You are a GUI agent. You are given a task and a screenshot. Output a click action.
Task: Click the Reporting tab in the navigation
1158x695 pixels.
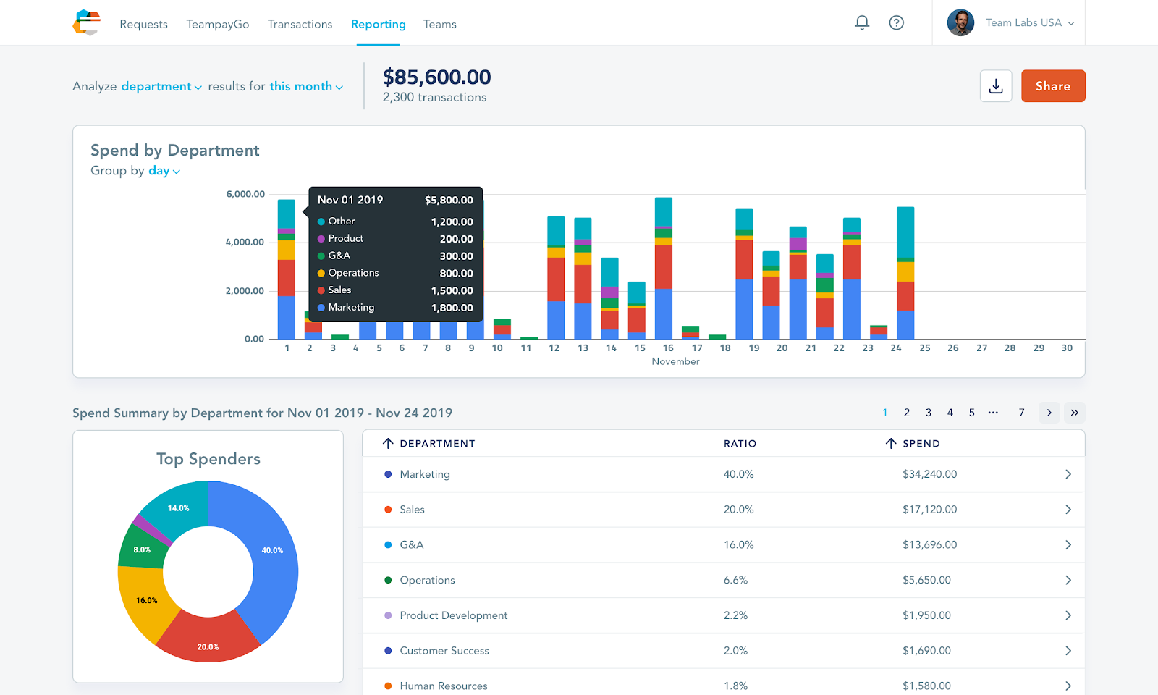pos(378,25)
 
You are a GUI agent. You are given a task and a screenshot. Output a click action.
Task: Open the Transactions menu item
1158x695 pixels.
pos(300,25)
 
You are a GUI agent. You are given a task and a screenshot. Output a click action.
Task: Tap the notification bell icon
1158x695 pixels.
pos(862,22)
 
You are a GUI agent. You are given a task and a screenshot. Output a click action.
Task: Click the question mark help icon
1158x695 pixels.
pos(897,22)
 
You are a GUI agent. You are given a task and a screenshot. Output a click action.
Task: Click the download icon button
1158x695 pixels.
pos(996,86)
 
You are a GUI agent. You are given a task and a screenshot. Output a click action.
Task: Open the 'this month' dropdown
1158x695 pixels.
pos(306,86)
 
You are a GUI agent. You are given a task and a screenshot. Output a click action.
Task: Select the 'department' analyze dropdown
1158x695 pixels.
pos(161,86)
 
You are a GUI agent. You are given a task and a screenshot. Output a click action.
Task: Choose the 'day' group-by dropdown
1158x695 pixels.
pos(164,171)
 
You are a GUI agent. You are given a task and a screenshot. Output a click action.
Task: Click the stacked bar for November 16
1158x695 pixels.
pos(663,268)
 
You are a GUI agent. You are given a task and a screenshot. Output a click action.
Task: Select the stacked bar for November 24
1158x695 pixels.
pos(905,272)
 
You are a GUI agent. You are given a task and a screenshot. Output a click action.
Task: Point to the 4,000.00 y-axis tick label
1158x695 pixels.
pos(245,242)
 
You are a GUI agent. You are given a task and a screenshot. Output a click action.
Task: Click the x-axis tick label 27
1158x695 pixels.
pos(981,348)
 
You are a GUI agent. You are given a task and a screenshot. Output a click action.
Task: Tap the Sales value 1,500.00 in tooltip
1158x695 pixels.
pos(452,290)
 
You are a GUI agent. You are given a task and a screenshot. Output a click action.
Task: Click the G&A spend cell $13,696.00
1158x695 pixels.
pos(929,544)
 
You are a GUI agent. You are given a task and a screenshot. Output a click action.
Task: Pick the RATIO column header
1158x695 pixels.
pos(740,444)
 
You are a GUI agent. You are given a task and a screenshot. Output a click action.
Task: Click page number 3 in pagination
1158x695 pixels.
pos(929,413)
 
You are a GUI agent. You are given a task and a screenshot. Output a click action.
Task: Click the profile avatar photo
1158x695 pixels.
pos(960,22)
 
